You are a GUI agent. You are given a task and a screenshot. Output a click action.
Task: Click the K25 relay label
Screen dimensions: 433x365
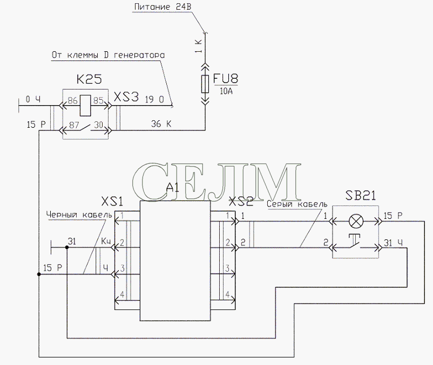pyautogui.click(x=89, y=79)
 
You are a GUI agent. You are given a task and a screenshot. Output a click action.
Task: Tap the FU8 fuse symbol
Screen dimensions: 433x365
pyautogui.click(x=205, y=84)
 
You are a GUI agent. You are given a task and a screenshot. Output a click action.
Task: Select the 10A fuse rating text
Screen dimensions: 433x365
pyautogui.click(x=226, y=91)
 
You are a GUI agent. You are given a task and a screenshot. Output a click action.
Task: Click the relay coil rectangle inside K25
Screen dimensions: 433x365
pyautogui.click(x=85, y=105)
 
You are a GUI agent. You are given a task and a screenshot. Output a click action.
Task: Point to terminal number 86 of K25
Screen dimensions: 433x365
pyautogui.click(x=72, y=100)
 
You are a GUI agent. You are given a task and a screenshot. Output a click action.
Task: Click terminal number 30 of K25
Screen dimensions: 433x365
pyautogui.click(x=99, y=125)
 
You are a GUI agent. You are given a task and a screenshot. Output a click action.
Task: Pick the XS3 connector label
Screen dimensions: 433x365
pyautogui.click(x=126, y=97)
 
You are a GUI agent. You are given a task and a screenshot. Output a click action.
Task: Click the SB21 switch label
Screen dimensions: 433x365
pyautogui.click(x=361, y=196)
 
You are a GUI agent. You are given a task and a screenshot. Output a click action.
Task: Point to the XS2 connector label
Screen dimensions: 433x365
pyautogui.click(x=241, y=202)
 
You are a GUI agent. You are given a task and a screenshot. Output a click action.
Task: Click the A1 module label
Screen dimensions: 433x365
pyautogui.click(x=173, y=188)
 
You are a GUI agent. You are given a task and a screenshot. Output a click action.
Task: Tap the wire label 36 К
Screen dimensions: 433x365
pyautogui.click(x=161, y=124)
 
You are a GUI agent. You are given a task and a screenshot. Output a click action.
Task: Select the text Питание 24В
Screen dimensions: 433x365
pyautogui.click(x=163, y=7)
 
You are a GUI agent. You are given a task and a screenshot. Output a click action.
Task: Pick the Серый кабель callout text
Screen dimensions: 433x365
pyautogui.click(x=297, y=204)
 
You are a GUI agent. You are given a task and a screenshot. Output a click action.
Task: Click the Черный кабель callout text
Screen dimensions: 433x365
pyautogui.click(x=79, y=215)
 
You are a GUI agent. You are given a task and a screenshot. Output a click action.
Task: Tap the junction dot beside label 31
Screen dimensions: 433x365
pyautogui.click(x=67, y=247)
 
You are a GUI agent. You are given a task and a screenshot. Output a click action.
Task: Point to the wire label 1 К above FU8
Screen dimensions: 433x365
pyautogui.click(x=199, y=46)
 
